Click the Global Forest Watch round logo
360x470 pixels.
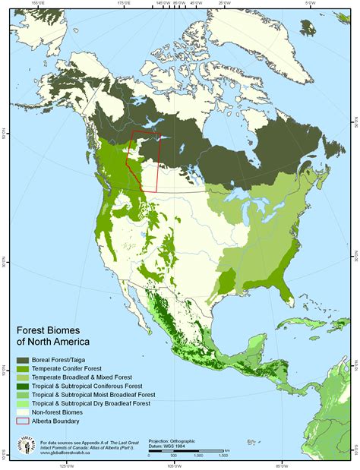[x=27, y=446]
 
